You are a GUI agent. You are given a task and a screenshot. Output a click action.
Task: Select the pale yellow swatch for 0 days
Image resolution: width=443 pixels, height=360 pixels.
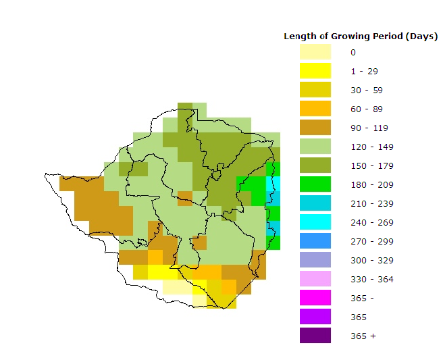(315, 52)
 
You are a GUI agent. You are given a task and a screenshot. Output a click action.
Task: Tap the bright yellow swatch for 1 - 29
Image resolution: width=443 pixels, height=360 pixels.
(315, 71)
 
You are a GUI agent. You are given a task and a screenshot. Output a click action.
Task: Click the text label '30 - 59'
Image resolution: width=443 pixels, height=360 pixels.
(364, 90)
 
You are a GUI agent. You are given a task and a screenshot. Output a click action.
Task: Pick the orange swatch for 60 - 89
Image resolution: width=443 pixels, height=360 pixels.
(315, 109)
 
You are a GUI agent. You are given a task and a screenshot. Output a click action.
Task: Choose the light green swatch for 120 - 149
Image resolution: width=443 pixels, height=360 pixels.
(315, 147)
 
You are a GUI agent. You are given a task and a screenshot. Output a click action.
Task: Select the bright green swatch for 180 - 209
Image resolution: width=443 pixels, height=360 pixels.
(315, 184)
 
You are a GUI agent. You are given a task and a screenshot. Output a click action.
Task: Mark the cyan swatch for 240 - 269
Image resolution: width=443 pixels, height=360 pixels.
(315, 222)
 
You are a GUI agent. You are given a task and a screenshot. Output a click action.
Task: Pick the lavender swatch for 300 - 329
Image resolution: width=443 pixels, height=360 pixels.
(315, 260)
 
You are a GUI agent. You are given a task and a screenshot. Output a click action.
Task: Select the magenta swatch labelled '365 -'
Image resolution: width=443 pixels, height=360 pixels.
(315, 298)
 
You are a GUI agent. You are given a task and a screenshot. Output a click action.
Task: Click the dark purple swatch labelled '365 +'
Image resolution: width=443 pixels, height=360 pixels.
(315, 336)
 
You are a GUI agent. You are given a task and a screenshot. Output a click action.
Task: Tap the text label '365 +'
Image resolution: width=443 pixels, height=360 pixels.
(363, 336)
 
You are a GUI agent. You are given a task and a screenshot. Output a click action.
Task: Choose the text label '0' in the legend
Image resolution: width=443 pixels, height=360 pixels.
(353, 52)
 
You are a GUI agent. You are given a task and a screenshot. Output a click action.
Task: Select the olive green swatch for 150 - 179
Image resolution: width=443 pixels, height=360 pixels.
(315, 165)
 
